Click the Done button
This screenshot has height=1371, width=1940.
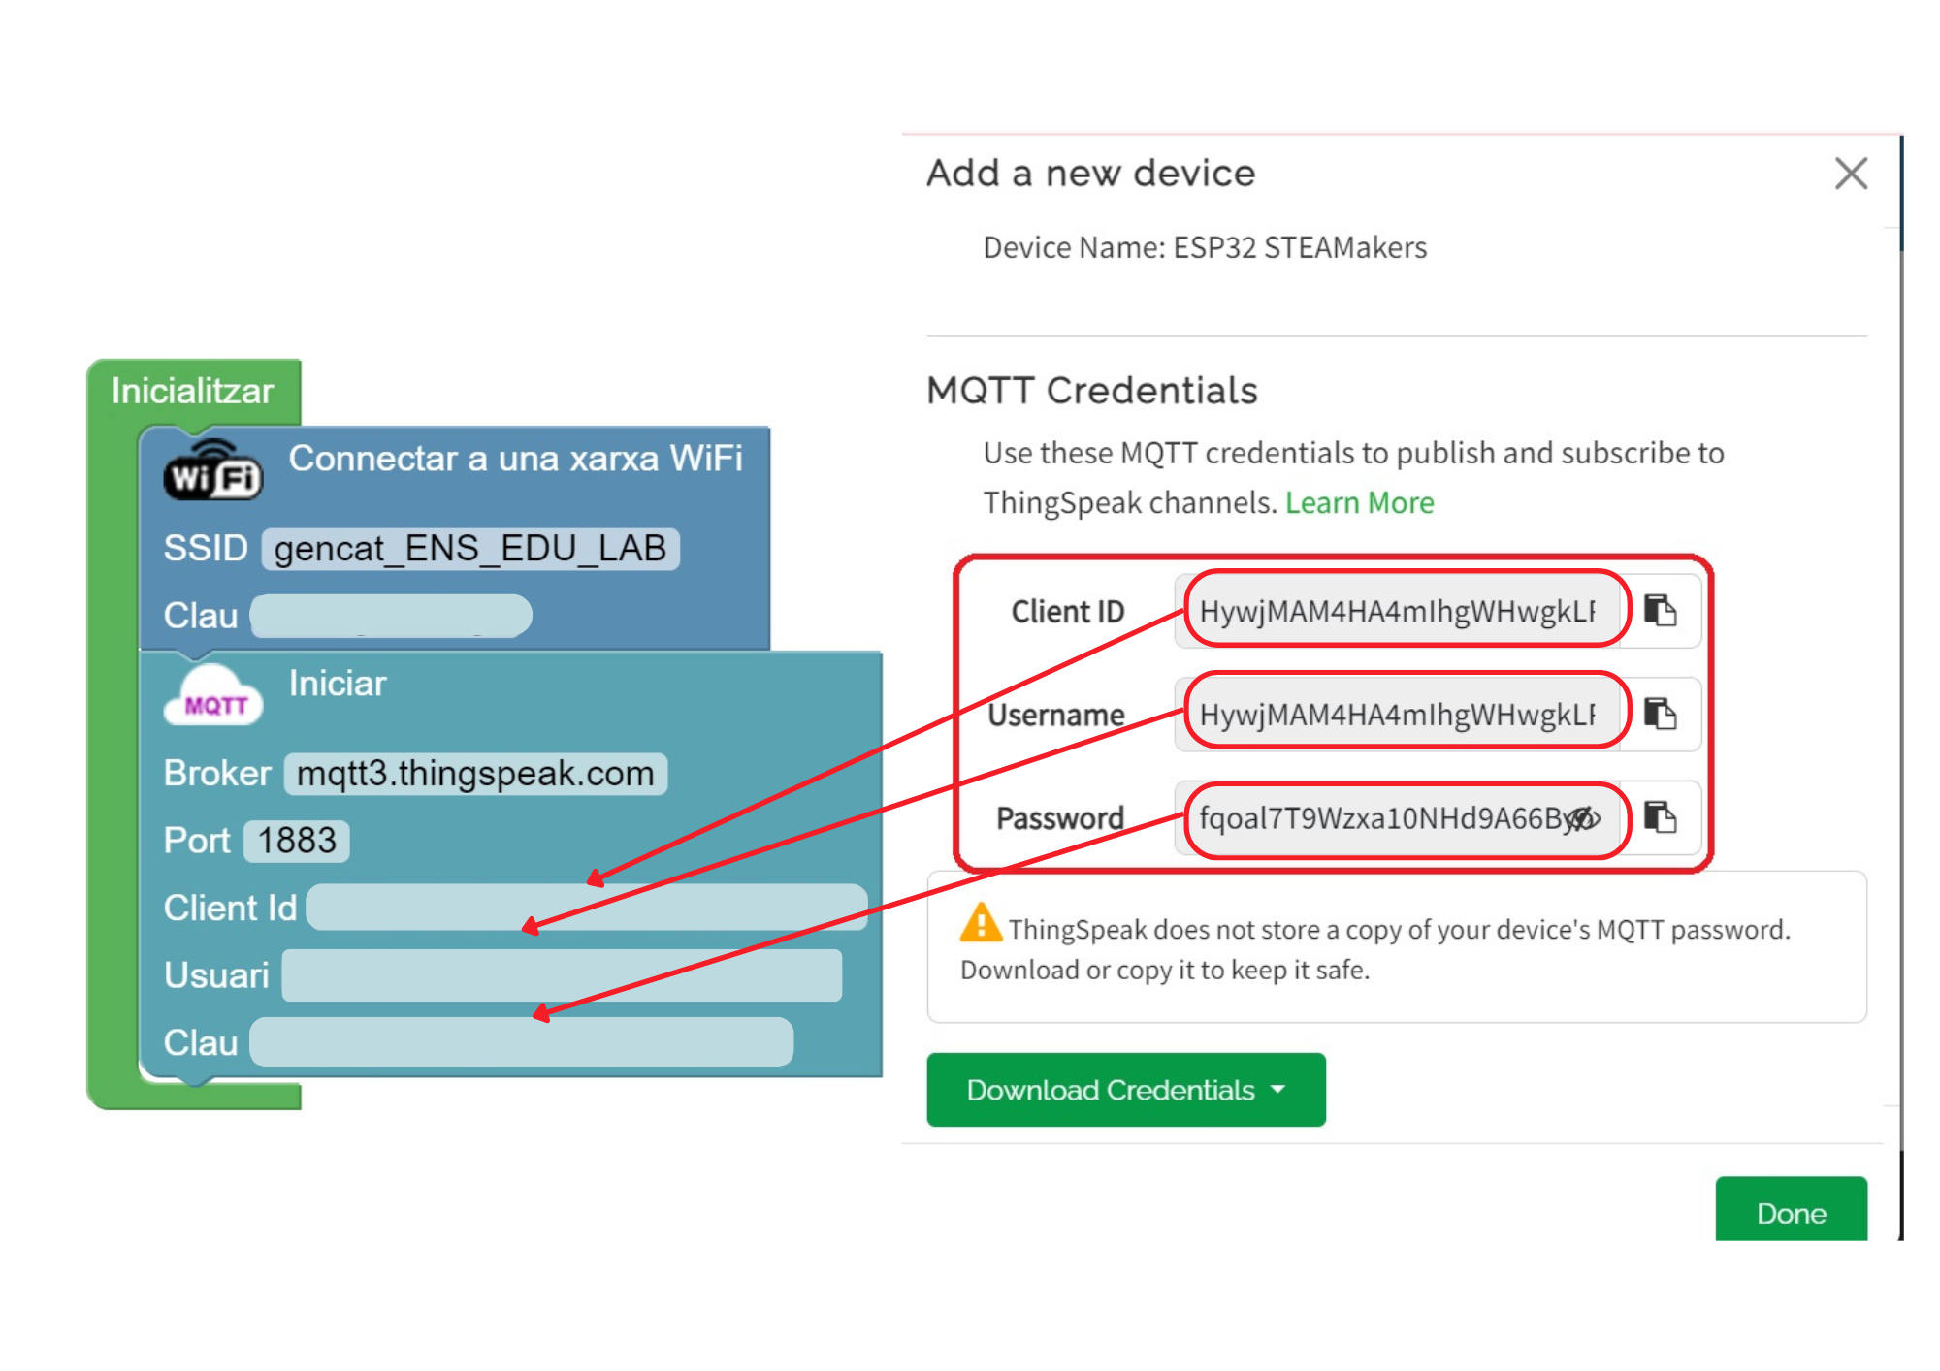(x=1791, y=1212)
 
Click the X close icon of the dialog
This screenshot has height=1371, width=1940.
(x=1851, y=175)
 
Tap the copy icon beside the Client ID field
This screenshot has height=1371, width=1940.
(x=1661, y=611)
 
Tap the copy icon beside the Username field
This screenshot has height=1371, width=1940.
(x=1661, y=715)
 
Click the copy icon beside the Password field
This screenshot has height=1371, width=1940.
(x=1661, y=817)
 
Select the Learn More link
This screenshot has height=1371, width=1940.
(x=1359, y=502)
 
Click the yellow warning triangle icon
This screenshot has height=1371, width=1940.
(x=981, y=923)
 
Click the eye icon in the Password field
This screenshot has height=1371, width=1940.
(x=1583, y=819)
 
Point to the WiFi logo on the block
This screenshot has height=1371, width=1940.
(x=213, y=471)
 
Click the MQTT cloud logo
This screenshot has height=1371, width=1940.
(x=213, y=697)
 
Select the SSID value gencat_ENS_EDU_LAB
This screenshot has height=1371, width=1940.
(x=470, y=549)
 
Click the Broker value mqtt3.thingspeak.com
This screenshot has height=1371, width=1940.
(x=475, y=774)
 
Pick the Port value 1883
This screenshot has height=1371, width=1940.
(x=297, y=841)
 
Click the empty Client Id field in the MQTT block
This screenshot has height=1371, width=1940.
(x=587, y=908)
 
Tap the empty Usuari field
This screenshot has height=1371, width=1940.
(x=562, y=975)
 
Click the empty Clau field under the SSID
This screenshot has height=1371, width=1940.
(x=391, y=616)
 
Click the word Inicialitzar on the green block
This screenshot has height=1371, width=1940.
(x=192, y=391)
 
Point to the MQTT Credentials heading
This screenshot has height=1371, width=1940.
(x=1092, y=391)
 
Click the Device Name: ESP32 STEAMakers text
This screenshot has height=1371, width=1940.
(x=1205, y=248)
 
